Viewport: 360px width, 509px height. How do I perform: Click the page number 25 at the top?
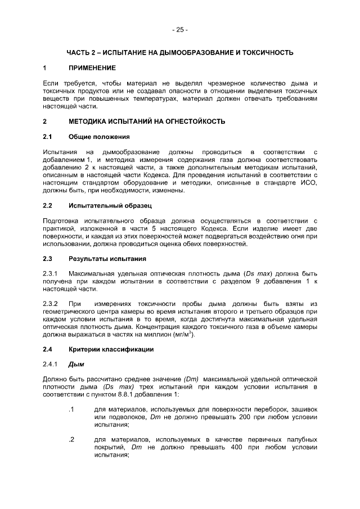180,29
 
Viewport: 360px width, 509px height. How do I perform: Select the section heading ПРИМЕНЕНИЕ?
92,68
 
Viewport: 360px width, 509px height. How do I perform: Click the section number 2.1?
48,137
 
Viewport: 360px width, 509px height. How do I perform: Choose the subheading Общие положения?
99,137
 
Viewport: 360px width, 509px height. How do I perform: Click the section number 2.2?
48,205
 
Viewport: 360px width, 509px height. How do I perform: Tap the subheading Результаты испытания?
107,259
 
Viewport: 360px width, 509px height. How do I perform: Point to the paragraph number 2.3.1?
51,274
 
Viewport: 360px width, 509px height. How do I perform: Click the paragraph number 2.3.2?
51,304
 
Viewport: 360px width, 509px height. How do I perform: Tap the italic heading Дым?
76,364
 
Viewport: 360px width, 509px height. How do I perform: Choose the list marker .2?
70,439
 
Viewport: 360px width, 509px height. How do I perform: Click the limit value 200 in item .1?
243,417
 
